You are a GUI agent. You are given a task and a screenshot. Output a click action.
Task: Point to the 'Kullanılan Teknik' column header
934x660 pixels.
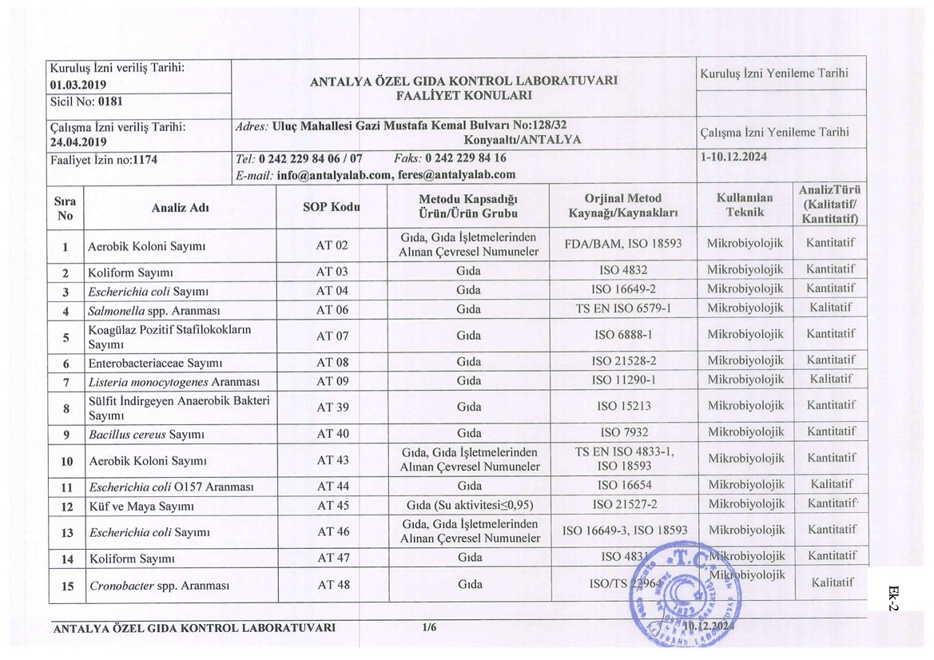click(x=745, y=205)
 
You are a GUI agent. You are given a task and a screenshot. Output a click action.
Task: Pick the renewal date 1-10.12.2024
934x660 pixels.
click(x=733, y=157)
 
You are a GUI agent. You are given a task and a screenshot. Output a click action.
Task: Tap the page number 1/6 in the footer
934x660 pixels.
click(x=429, y=627)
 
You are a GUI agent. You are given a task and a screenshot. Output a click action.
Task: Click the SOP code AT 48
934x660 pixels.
click(x=333, y=585)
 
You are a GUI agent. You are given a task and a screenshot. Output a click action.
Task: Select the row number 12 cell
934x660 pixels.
click(x=67, y=506)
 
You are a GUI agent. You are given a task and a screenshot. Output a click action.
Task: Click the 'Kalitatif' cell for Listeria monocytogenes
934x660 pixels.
click(x=830, y=379)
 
